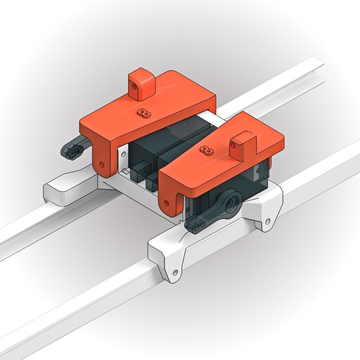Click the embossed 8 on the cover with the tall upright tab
[144, 113]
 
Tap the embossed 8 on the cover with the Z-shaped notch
[206, 150]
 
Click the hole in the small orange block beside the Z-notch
[233, 145]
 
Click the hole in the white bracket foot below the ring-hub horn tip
[175, 273]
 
